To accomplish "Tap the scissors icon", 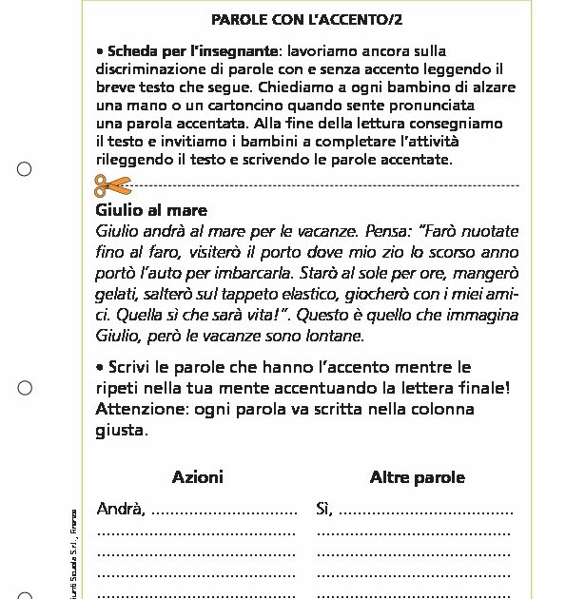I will coord(112,184).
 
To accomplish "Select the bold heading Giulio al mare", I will coord(151,210).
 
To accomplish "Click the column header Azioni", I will coord(198,477).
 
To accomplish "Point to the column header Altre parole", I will coord(417,477).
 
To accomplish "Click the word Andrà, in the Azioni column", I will coord(121,511).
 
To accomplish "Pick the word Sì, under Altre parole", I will coord(324,511).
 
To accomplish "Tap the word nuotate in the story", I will coord(485,231).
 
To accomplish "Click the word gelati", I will coord(117,295).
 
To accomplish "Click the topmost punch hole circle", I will coord(25,169).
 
